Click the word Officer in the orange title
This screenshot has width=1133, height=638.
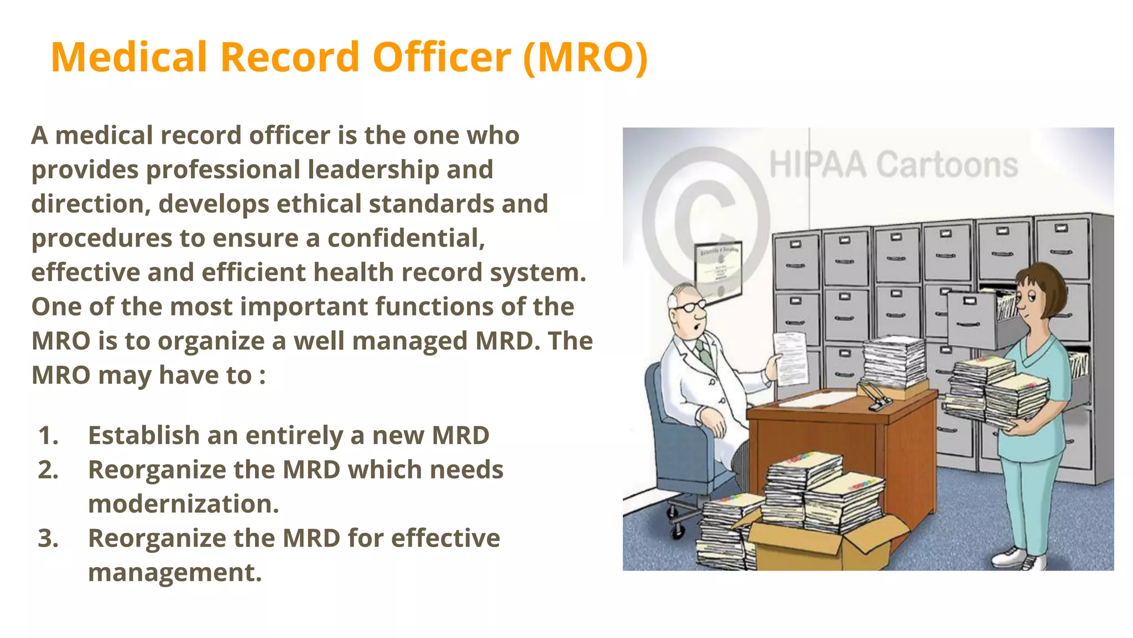[441, 58]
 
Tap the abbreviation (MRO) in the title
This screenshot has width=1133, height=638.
[585, 58]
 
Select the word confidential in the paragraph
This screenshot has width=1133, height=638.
[406, 239]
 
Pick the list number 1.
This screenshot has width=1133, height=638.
[48, 436]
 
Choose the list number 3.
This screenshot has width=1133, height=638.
[48, 538]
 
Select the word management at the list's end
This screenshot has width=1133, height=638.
[174, 573]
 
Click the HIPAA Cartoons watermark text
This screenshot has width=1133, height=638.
[893, 165]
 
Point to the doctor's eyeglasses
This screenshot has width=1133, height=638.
[689, 306]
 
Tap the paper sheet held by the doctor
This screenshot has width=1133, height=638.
[790, 358]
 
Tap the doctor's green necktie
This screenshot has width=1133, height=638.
[704, 354]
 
